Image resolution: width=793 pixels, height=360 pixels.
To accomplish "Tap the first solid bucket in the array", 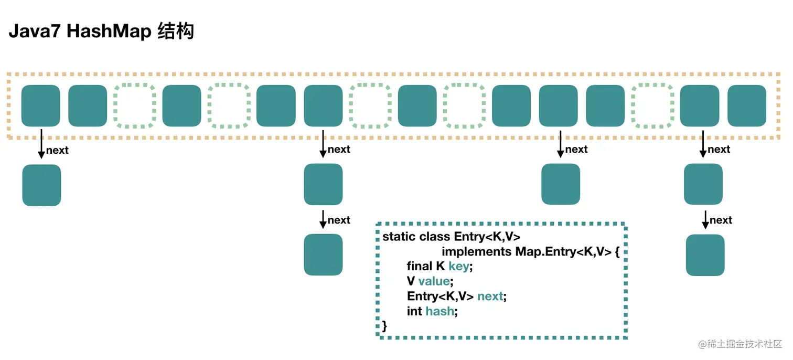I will [40, 106].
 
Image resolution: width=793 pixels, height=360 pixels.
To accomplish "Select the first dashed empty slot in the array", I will [135, 106].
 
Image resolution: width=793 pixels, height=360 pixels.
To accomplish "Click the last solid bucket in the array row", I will [746, 106].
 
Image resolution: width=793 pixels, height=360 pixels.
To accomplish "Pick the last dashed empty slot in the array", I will [652, 106].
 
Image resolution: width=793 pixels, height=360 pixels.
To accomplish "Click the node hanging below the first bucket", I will [41, 185].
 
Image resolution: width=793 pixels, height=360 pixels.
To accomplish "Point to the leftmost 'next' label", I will [57, 151].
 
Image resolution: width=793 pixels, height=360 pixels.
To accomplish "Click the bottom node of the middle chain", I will [323, 255].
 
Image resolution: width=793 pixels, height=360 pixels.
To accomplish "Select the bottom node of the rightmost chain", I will [705, 255].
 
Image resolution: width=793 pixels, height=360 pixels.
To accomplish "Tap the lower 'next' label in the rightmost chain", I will [721, 220].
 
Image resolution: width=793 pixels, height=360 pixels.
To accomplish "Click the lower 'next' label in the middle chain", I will [339, 220].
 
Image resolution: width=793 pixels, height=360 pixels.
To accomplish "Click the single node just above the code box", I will [561, 184].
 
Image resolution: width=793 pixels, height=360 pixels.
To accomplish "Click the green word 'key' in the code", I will [459, 267].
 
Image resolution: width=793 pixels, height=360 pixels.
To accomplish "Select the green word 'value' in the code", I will [433, 281].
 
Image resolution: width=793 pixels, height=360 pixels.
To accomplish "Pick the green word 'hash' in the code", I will [439, 312].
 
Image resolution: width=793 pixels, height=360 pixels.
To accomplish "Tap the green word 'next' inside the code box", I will [490, 297].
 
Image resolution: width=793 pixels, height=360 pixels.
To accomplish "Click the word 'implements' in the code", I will [477, 252].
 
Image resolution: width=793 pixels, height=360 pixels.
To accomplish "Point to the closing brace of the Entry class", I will [385, 326].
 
